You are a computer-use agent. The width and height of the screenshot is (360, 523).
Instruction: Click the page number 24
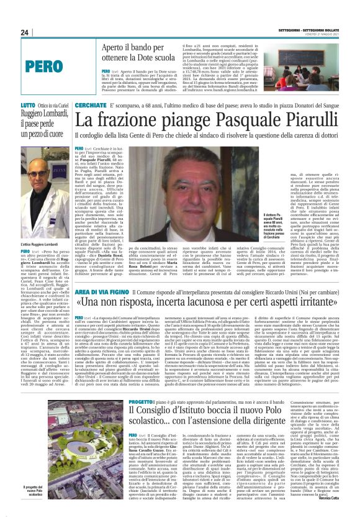(24, 32)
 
